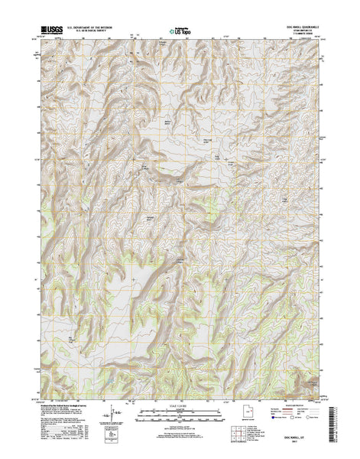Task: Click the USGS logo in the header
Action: pyautogui.click(x=55, y=31)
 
